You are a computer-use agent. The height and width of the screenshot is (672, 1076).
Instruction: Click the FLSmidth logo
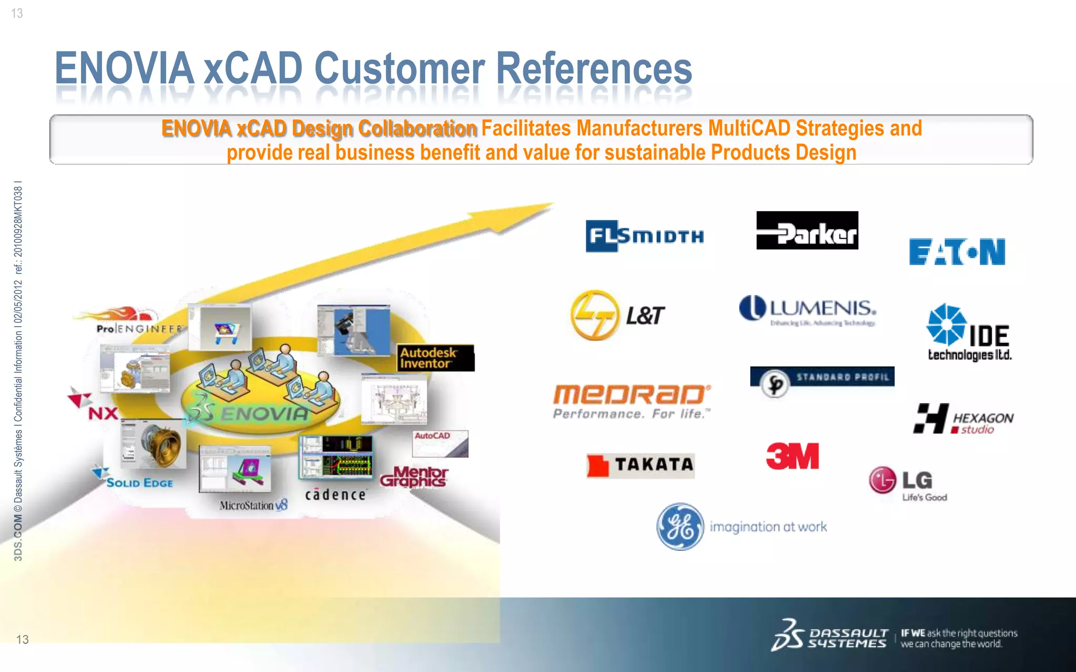tap(645, 236)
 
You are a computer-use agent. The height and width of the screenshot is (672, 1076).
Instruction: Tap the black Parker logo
tap(807, 230)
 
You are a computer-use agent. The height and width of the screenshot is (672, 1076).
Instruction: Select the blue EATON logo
tap(957, 252)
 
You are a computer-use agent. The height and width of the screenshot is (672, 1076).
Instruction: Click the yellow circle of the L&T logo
tap(595, 315)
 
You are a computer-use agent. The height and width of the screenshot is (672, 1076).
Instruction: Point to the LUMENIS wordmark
tap(822, 308)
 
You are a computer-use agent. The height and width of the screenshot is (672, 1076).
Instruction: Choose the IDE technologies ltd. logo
tap(968, 333)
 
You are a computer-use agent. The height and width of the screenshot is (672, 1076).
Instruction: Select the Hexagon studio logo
tap(963, 419)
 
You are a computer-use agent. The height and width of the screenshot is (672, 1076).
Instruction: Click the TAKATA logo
tap(640, 465)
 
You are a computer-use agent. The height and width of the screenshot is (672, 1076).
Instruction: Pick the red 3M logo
tap(792, 456)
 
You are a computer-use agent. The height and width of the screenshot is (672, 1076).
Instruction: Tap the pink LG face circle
tap(882, 480)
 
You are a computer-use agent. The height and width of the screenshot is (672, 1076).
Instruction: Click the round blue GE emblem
tap(680, 527)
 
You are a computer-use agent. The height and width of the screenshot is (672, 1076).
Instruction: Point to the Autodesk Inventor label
tap(435, 358)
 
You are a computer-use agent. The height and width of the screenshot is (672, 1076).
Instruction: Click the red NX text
tap(103, 414)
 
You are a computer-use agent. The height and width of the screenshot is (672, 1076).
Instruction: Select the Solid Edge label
tap(139, 483)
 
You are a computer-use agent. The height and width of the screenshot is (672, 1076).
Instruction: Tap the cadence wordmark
tap(335, 495)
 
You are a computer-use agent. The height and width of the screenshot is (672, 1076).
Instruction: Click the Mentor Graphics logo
tap(414, 477)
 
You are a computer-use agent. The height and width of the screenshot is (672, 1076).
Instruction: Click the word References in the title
tap(594, 68)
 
